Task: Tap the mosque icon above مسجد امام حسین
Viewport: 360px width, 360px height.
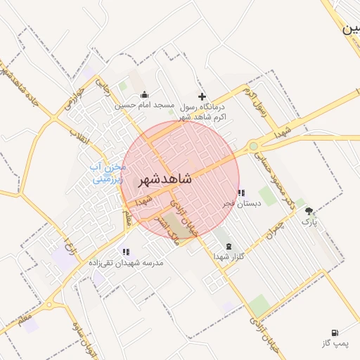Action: click(144, 95)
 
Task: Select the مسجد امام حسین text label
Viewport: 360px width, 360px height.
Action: click(144, 105)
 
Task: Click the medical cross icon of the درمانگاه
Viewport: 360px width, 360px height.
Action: click(202, 96)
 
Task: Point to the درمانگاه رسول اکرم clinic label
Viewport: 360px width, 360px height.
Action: click(204, 112)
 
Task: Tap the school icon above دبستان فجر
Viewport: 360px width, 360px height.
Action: click(241, 192)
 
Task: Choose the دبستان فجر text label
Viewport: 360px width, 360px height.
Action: click(242, 203)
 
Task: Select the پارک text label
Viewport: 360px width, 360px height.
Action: click(309, 221)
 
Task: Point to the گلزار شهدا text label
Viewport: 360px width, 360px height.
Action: click(228, 257)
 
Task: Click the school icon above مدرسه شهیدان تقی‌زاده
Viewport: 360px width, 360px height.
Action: click(126, 251)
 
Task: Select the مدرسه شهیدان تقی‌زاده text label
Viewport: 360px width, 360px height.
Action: click(126, 262)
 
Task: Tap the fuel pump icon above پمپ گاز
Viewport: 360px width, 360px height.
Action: click(333, 332)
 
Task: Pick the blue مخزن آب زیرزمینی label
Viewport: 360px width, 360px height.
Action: click(109, 173)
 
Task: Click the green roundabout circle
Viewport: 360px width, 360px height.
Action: click(253, 146)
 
